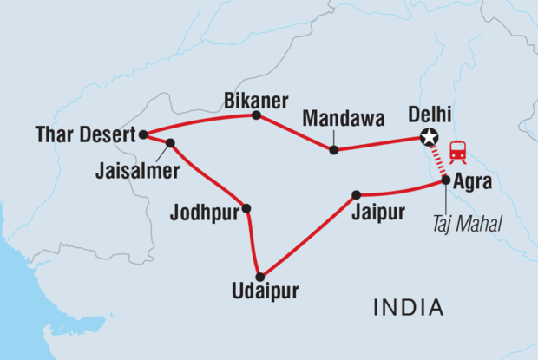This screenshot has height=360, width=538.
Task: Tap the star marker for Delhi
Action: pos(427,137)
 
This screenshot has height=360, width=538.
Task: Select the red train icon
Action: pos(457,152)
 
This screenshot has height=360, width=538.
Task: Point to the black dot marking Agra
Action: pos(446,180)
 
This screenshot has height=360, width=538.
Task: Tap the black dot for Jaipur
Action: pos(356,195)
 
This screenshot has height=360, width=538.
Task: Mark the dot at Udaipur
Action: pos(259,277)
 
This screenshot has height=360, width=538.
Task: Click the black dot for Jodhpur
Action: pos(247,208)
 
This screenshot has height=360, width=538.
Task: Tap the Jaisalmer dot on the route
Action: pos(170,143)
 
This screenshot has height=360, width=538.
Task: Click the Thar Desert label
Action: pos(86,134)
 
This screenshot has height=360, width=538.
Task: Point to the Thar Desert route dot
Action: pos(143,134)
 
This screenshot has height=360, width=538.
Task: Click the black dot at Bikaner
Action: pos(255,115)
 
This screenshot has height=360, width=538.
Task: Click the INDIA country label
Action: pos(407,306)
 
